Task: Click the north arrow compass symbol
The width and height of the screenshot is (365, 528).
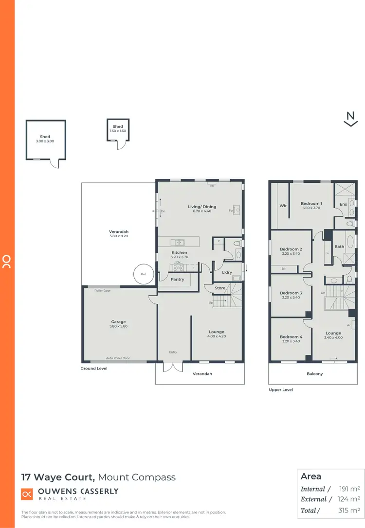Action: click(350, 119)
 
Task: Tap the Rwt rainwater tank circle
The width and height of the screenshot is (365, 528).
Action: click(144, 274)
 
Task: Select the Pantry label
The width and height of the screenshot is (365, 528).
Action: click(177, 279)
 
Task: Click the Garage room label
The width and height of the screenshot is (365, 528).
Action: click(118, 322)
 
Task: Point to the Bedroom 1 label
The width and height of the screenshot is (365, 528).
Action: click(310, 204)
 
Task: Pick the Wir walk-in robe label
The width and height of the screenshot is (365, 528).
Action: click(283, 206)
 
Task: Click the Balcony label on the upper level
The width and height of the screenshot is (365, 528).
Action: click(314, 374)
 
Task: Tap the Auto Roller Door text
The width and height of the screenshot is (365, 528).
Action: click(118, 358)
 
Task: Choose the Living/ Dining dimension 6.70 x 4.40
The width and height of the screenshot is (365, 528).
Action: click(200, 211)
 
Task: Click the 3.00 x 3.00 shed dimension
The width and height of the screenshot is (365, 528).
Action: click(45, 141)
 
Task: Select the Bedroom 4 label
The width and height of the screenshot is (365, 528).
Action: click(291, 337)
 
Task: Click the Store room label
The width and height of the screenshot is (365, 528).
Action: click(220, 289)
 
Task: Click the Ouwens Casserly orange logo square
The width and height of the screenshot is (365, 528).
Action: click(27, 494)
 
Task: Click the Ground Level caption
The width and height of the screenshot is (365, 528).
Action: click(94, 369)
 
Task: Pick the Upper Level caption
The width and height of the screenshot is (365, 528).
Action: click(281, 389)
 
